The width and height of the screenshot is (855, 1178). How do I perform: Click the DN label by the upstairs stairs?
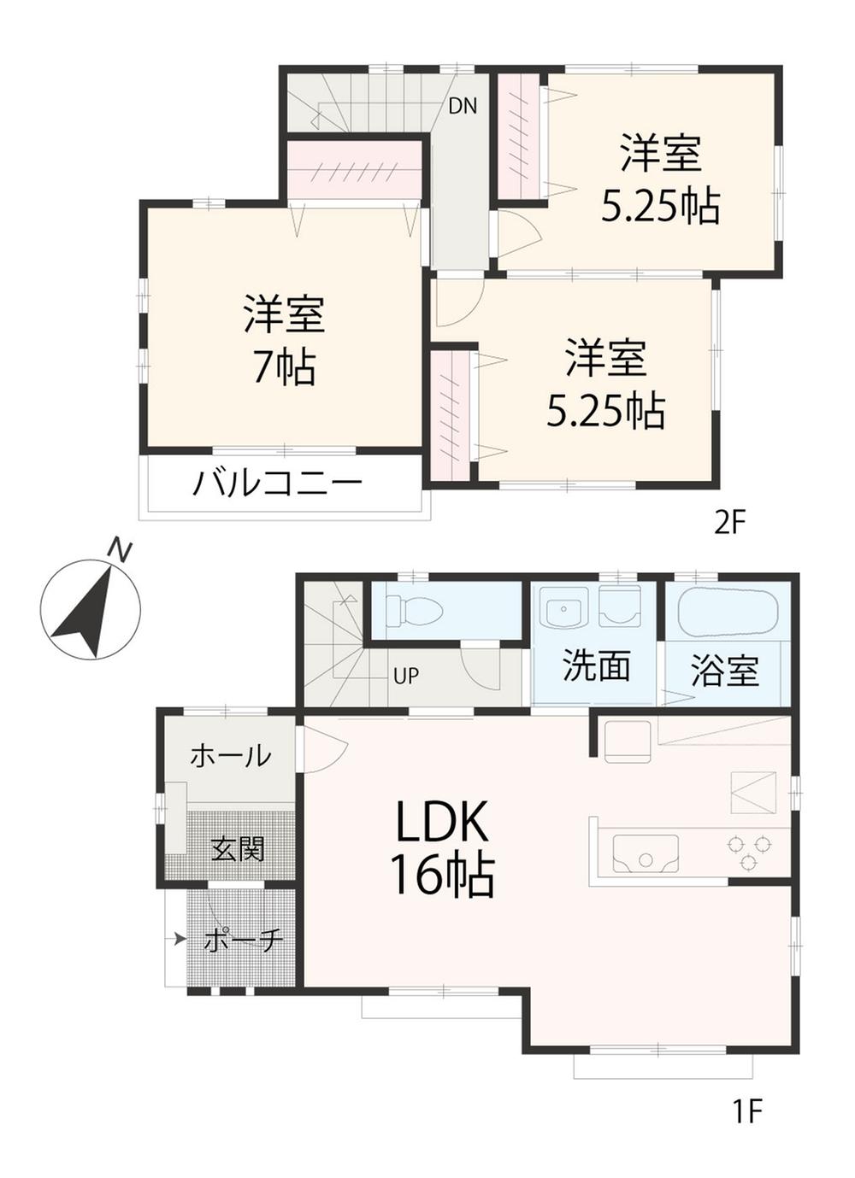click(463, 106)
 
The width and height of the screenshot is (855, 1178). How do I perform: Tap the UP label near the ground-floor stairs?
click(406, 676)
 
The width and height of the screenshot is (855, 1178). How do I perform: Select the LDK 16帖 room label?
click(441, 849)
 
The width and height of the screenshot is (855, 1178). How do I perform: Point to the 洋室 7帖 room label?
click(284, 339)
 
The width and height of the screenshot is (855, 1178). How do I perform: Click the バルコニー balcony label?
click(278, 484)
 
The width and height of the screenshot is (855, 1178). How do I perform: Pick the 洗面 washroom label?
click(597, 665)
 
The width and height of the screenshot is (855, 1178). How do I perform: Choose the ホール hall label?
click(230, 755)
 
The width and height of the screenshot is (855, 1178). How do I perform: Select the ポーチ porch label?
click(244, 941)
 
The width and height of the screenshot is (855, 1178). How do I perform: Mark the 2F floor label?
click(730, 522)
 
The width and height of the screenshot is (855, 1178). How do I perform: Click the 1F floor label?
click(746, 1111)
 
